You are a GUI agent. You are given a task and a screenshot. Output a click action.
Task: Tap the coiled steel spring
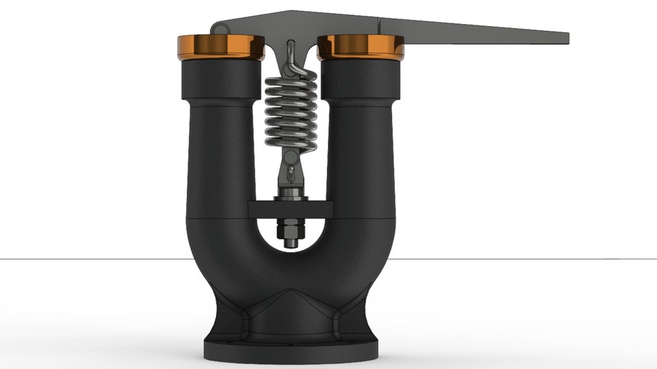coord(292,109)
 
